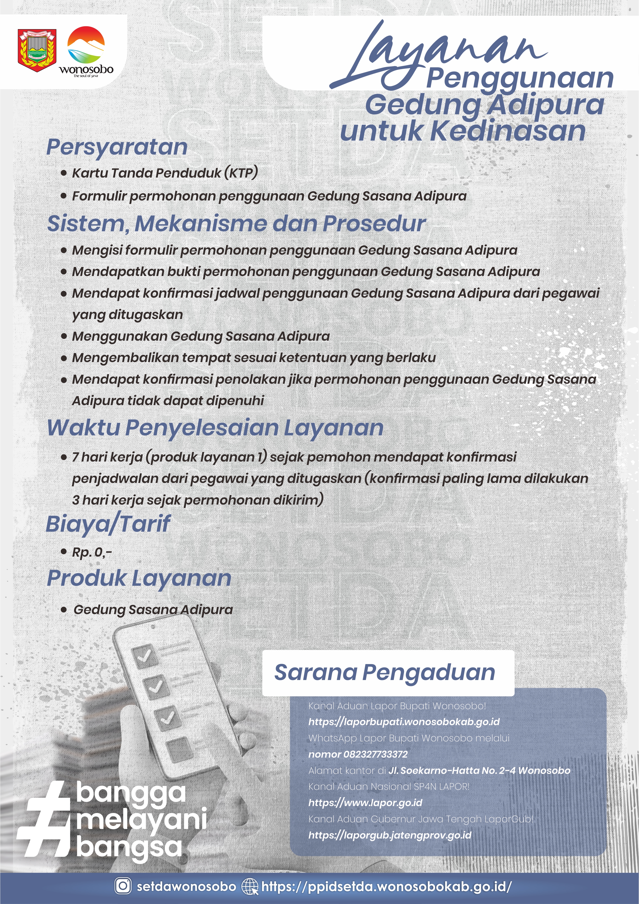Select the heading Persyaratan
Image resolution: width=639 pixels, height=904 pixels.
117,147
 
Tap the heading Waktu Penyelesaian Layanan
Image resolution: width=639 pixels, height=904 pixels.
215,428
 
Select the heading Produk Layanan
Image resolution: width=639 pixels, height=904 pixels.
139,578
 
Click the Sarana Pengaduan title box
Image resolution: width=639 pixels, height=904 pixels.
388,673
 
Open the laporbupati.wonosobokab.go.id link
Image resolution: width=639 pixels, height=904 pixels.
404,722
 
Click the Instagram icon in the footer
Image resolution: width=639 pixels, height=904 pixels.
123,886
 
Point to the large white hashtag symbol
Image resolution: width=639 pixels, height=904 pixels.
44,821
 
